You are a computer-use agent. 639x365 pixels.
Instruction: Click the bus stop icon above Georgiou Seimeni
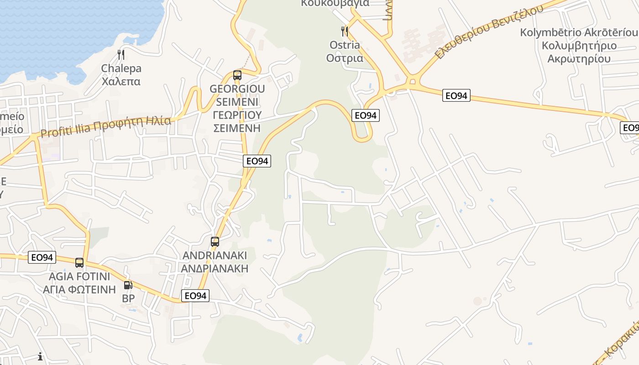(x=237, y=75)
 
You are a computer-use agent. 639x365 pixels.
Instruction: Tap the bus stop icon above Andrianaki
(x=215, y=242)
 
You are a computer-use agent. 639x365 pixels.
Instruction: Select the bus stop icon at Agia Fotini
(x=79, y=263)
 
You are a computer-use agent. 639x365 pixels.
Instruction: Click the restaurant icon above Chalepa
(x=121, y=55)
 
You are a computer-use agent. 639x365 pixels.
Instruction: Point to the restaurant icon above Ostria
(x=345, y=31)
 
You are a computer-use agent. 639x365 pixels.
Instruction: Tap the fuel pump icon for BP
(x=128, y=285)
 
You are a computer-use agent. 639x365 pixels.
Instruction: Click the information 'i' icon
(x=40, y=356)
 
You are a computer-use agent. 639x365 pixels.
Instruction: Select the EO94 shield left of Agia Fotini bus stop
(x=42, y=257)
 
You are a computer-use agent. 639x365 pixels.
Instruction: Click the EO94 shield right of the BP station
(x=195, y=296)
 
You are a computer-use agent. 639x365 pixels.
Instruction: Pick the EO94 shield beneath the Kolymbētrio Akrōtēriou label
(x=456, y=95)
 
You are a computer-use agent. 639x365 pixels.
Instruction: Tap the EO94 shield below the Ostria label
(x=366, y=115)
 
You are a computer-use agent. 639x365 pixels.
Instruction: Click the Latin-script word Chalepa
(x=121, y=68)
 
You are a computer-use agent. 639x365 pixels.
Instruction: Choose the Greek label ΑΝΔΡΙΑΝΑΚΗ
(x=215, y=268)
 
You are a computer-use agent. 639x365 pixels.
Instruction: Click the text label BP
(x=129, y=298)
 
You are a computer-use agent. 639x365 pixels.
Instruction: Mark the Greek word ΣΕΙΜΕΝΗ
(x=237, y=128)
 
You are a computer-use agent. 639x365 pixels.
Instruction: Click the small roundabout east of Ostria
(x=413, y=82)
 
